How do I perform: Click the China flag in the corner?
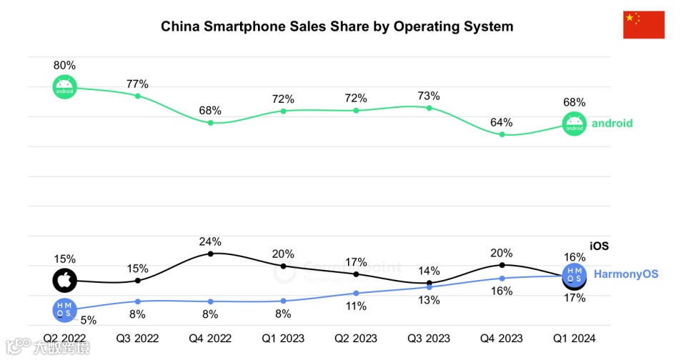click(644, 25)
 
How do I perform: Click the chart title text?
click(337, 26)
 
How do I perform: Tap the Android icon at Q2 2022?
click(64, 87)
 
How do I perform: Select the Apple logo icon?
click(64, 281)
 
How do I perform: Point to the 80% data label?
click(64, 65)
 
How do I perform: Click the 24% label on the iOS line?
click(210, 241)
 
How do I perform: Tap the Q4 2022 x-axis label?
click(210, 338)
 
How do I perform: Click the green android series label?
click(612, 124)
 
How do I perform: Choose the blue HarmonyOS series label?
click(626, 274)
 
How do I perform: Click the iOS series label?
click(599, 246)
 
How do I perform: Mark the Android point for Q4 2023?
click(502, 134)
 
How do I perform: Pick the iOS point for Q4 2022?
click(210, 253)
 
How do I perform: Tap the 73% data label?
click(429, 96)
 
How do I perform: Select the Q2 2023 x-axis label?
click(356, 338)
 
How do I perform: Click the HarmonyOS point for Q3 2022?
click(137, 301)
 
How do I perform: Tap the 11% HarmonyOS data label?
click(356, 306)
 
